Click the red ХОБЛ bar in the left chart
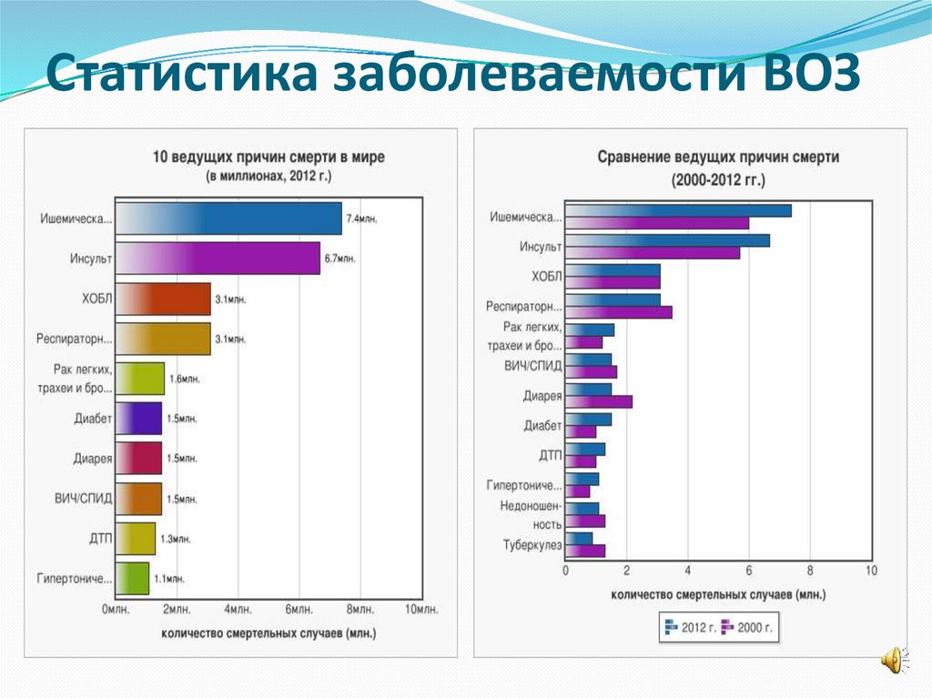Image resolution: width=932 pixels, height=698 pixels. (x=165, y=298)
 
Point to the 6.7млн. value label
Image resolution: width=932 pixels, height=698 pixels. (x=339, y=259)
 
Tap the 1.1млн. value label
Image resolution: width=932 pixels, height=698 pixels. (x=168, y=579)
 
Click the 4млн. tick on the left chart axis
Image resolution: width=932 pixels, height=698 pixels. (x=238, y=609)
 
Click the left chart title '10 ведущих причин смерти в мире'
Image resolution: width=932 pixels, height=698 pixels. (x=268, y=157)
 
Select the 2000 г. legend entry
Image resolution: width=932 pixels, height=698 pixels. (x=746, y=627)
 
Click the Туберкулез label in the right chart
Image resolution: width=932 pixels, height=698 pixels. (x=532, y=545)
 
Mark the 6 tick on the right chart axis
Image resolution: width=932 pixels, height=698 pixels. (x=749, y=571)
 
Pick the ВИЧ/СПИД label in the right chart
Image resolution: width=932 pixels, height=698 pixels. (x=532, y=366)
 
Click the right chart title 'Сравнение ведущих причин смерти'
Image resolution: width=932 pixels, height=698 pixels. (x=718, y=157)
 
